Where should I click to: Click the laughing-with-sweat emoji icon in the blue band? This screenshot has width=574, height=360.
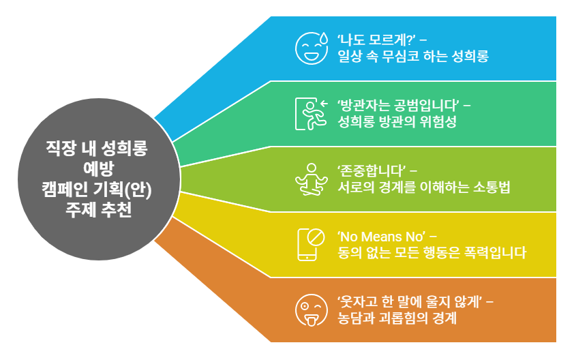[x=311, y=47]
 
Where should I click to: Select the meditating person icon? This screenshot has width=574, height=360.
[x=311, y=179]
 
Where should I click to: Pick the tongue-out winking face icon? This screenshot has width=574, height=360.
[x=311, y=310]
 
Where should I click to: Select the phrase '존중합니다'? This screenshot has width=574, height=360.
[x=372, y=170]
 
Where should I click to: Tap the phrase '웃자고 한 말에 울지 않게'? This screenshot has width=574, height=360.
[x=410, y=301]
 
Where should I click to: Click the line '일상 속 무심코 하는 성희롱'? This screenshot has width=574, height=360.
[x=413, y=56]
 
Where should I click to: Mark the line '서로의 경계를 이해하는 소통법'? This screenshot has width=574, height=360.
[x=424, y=187]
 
